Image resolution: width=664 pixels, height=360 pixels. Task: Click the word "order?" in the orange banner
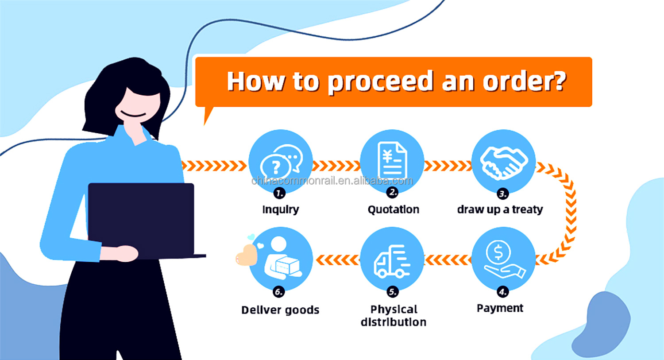pos(525,81)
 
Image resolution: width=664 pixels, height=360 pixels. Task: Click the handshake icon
pos(504,163)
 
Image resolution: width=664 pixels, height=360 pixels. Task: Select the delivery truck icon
pos(392,261)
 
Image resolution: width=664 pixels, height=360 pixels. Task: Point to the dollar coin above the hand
pos(498,252)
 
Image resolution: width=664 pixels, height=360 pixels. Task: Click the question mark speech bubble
pos(275,167)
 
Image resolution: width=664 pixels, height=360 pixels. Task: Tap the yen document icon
pos(392,160)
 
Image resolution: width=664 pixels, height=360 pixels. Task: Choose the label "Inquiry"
pos(280,209)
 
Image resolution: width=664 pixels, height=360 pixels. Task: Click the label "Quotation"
pos(394,209)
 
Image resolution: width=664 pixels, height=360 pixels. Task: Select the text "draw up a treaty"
pos(500,209)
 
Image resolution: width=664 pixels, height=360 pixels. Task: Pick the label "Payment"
pos(500,308)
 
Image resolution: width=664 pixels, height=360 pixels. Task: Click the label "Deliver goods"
pos(280,310)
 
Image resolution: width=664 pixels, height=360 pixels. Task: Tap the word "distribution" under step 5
pos(394,322)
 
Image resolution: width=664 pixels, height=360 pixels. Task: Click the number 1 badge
pos(279,194)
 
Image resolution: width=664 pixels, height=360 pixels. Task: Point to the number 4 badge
pos(503,292)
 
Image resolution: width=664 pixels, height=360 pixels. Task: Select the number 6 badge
pos(278,292)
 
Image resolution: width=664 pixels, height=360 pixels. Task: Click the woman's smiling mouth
pos(133,114)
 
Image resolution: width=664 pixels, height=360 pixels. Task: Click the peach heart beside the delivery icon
pos(246,255)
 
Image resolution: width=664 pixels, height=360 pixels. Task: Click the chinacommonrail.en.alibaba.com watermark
pos(332,181)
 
